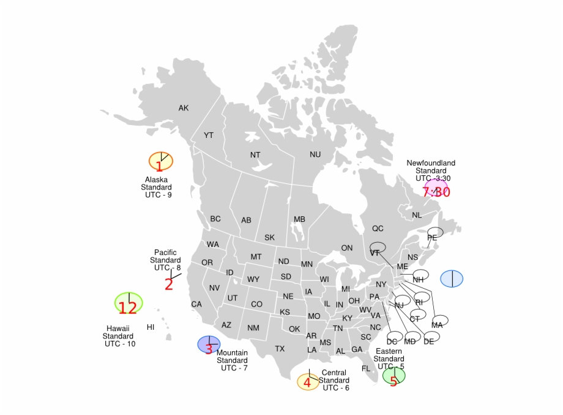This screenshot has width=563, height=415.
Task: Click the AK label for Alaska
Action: click(184, 109)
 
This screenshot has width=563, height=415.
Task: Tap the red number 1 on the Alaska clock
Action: click(159, 166)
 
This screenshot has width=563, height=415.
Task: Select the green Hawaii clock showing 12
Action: click(129, 303)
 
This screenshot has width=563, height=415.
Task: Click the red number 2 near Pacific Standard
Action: click(168, 284)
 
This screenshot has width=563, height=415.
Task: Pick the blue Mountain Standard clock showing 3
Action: click(209, 345)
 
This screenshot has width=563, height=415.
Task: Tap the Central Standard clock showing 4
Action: click(308, 382)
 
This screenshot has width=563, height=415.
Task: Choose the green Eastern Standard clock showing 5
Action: click(393, 375)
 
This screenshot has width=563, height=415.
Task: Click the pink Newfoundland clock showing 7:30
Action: click(436, 188)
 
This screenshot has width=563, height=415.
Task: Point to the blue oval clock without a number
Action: click(452, 278)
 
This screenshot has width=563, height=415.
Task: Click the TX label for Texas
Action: click(280, 349)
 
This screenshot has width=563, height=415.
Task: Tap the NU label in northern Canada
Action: click(315, 155)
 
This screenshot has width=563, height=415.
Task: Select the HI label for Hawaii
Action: click(151, 327)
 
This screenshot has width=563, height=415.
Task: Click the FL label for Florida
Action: click(366, 368)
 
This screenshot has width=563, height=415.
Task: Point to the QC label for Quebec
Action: click(378, 229)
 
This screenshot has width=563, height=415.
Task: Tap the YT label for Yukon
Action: click(209, 135)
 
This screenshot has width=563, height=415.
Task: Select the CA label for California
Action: click(196, 304)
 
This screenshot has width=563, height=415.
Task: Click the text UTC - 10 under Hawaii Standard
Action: click(120, 344)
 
